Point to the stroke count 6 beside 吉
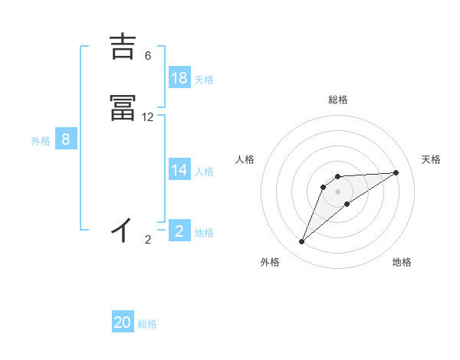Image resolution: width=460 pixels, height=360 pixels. point(148,56)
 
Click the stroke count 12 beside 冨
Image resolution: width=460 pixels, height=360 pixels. point(148,117)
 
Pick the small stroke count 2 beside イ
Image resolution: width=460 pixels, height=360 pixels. point(148,240)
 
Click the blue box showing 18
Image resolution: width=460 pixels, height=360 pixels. point(179,77)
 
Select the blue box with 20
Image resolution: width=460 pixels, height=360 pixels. point(123,322)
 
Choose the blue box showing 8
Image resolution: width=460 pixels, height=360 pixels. point(66,139)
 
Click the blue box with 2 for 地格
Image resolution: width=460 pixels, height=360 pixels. point(179,231)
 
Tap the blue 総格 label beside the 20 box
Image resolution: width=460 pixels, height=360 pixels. point(148,324)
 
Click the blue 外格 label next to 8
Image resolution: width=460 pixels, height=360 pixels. point(40,141)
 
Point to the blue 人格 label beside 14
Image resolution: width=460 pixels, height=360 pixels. point(204,171)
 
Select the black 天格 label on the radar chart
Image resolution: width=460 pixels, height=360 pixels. point(432,159)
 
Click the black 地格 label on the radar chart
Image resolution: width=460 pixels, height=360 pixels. point(402,262)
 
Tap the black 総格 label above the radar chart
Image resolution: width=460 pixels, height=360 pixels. point(338,100)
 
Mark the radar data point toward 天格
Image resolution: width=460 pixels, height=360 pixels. point(396,172)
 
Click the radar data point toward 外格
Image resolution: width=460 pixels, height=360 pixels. point(302,242)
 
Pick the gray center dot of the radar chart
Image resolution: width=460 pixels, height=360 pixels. point(338,191)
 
